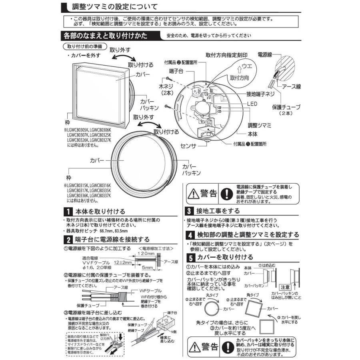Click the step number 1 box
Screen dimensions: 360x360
[x=68, y=211]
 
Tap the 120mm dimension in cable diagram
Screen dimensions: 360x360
[x=147, y=254]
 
